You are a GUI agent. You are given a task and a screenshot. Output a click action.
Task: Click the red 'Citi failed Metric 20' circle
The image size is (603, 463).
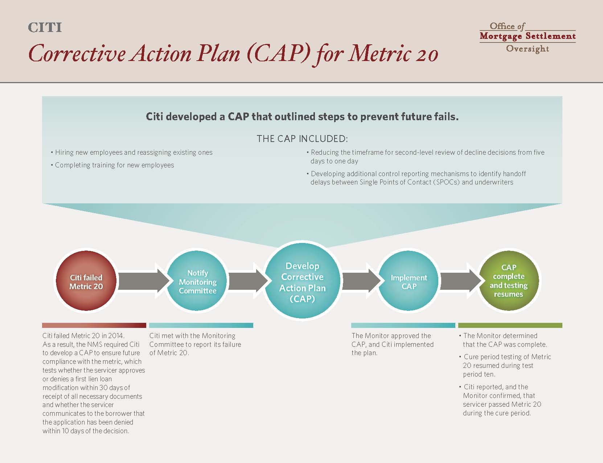click(86, 281)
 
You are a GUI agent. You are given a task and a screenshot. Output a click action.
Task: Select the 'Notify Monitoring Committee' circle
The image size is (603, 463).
click(197, 281)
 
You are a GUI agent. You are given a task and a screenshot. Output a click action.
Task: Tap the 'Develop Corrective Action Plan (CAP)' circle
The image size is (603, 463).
click(303, 281)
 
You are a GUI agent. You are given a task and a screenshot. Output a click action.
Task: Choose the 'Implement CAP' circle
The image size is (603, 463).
click(409, 281)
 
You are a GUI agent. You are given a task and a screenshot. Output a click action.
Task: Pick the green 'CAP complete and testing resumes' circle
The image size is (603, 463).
click(509, 281)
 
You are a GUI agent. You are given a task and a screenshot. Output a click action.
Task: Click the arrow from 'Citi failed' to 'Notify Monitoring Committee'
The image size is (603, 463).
click(143, 281)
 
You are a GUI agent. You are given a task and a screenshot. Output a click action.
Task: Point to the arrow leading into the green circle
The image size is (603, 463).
click(461, 281)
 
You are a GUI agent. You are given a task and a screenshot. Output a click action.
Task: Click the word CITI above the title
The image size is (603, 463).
click(45, 28)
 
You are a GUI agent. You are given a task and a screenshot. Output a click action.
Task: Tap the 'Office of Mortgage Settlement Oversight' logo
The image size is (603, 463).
click(528, 37)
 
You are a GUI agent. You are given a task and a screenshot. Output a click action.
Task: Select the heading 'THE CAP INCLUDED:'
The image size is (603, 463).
click(302, 139)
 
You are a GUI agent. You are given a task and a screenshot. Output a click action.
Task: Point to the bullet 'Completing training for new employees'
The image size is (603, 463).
click(112, 165)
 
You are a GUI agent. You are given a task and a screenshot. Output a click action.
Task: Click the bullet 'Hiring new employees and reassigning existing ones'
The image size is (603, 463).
click(132, 153)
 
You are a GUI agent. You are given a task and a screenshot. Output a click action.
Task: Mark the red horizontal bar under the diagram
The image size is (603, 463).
click(94, 325)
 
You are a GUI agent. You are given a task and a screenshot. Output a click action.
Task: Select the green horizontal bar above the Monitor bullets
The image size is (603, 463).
click(510, 325)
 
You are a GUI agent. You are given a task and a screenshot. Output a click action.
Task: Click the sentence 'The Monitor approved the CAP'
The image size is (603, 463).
click(391, 340)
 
